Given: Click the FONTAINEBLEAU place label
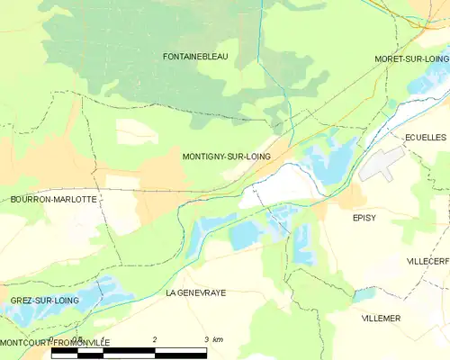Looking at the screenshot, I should (x=196, y=57).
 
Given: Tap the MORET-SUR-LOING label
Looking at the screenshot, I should (x=411, y=58).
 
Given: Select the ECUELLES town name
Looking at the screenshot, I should (x=426, y=137).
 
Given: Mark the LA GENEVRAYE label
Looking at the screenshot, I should (x=195, y=293).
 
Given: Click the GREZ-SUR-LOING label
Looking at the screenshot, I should (x=45, y=300).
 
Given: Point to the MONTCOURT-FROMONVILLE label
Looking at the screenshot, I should (x=54, y=343).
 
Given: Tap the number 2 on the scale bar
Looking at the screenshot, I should (x=155, y=339).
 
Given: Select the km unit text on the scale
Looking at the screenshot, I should (x=218, y=339).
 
